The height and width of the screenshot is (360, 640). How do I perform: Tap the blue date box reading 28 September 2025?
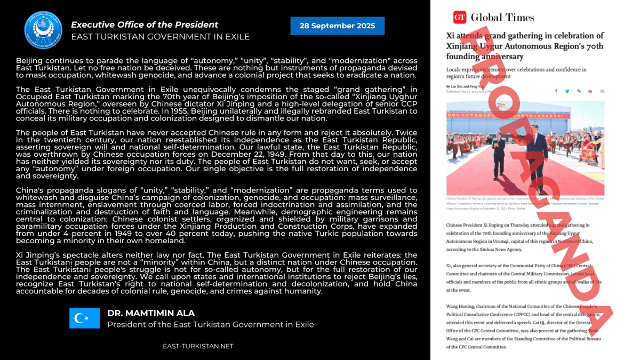click(337, 26)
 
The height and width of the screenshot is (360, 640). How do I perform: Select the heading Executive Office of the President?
click(145, 25)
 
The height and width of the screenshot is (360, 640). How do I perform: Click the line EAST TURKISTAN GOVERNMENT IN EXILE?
click(160, 37)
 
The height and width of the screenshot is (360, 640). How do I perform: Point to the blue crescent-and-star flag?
click(84, 318)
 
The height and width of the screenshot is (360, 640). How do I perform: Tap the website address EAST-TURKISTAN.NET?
click(198, 346)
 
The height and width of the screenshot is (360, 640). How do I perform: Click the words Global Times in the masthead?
click(502, 18)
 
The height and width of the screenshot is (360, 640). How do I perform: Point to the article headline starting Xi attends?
click(525, 46)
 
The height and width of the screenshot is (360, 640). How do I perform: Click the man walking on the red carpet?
click(499, 151)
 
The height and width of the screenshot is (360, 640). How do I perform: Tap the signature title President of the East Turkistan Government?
click(211, 324)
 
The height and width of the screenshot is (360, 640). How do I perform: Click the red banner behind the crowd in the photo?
click(525, 114)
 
